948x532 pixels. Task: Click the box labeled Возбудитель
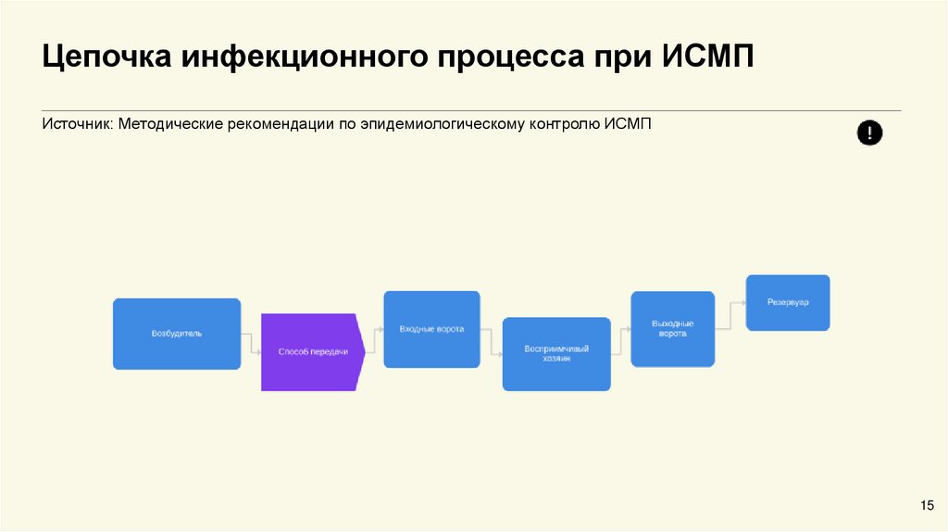(177, 334)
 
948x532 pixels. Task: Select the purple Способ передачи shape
(311, 352)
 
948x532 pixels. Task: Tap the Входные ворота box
(431, 329)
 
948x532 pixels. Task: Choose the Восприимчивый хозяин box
(556, 354)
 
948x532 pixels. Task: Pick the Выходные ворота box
(672, 328)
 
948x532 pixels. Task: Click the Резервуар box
(788, 303)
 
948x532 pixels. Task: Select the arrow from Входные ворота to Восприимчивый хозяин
(492, 344)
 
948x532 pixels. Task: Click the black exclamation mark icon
(869, 133)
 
